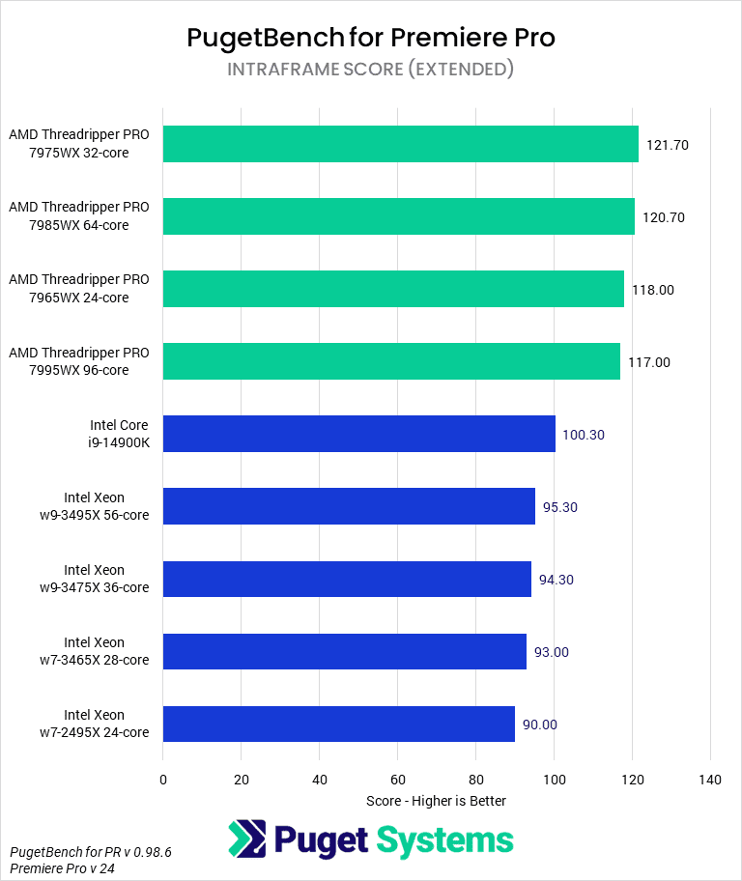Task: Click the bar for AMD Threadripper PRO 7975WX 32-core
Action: (400, 144)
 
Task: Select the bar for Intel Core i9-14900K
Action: (359, 434)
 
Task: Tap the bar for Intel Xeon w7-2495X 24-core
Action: (338, 724)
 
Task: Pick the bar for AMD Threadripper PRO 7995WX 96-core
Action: (391, 361)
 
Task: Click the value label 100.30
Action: (583, 435)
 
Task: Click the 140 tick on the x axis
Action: (710, 780)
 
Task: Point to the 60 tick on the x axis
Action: (397, 780)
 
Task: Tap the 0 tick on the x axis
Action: (163, 780)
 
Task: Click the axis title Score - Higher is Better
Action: (436, 801)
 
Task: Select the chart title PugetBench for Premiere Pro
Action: (371, 38)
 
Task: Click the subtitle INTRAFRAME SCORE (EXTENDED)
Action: (371, 70)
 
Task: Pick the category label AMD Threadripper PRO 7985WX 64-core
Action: (79, 216)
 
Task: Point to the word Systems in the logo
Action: (445, 840)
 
